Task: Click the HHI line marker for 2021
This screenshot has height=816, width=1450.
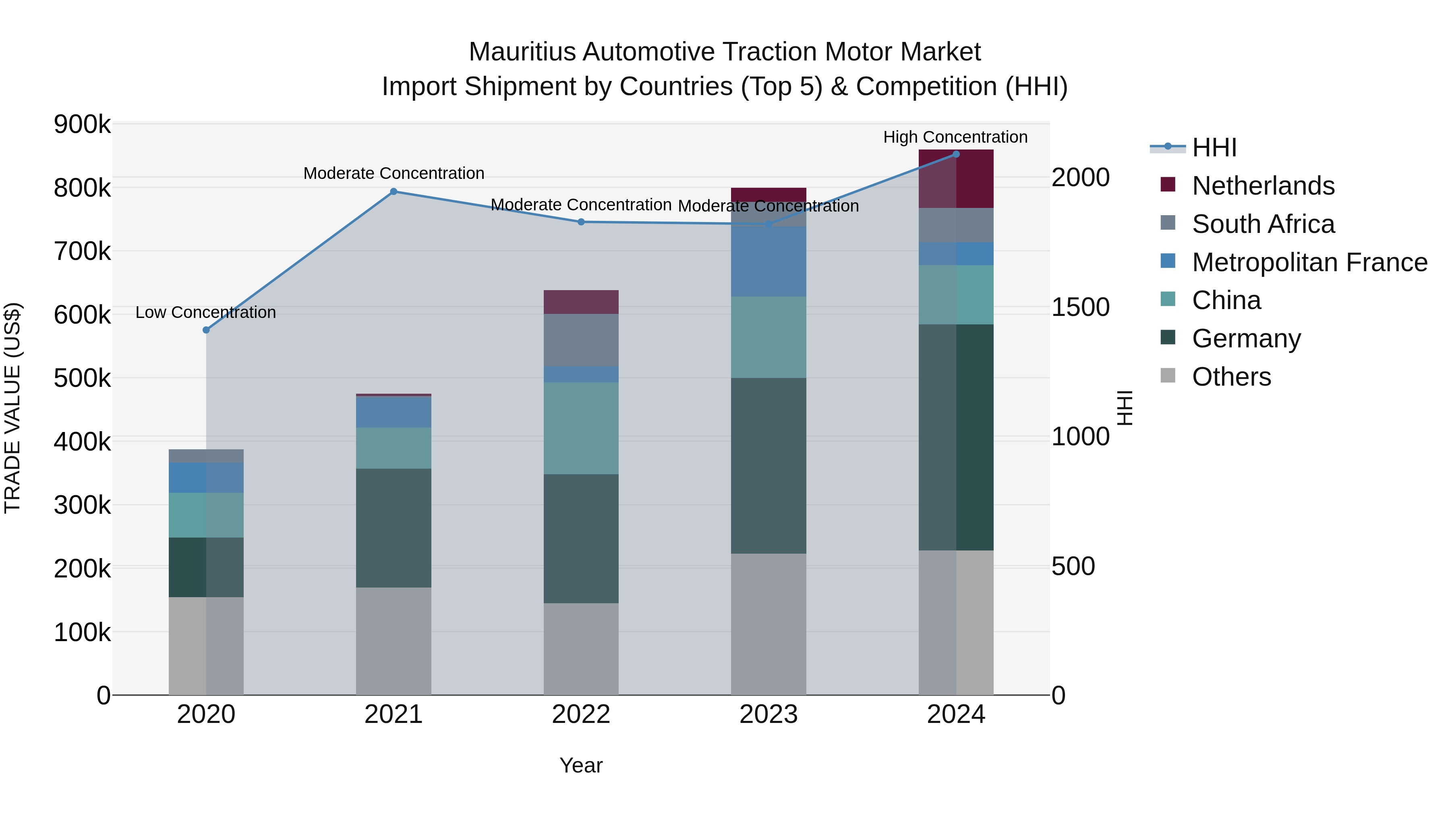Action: [394, 191]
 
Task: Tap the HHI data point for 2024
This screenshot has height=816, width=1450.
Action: [956, 154]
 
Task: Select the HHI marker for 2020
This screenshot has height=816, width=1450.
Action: [206, 330]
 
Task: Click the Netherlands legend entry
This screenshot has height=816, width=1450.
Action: [1263, 186]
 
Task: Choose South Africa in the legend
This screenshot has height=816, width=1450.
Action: [1263, 224]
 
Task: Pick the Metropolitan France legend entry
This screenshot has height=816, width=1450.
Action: [1309, 262]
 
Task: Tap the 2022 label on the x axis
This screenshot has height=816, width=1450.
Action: [581, 714]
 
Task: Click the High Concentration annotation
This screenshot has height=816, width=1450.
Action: [955, 137]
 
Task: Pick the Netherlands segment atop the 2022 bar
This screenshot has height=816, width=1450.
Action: [581, 302]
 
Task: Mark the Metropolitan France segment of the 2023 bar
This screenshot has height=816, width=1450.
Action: [768, 262]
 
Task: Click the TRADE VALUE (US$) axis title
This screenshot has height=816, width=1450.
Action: [12, 408]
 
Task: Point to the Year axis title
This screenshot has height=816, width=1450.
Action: [581, 765]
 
